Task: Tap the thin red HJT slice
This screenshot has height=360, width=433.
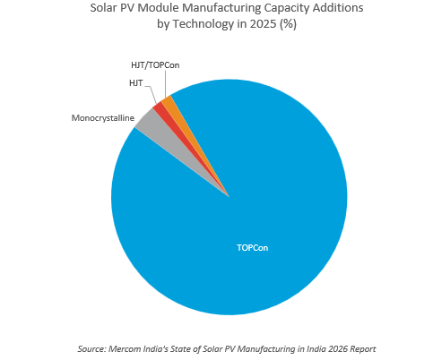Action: tap(160, 108)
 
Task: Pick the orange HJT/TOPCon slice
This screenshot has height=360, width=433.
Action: tap(168, 101)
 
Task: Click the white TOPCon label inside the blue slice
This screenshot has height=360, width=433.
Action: tap(252, 247)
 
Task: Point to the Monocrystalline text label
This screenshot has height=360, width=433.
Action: tap(101, 117)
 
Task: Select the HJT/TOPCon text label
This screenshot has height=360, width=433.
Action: tap(148, 64)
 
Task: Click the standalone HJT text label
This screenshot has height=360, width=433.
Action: tap(134, 82)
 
